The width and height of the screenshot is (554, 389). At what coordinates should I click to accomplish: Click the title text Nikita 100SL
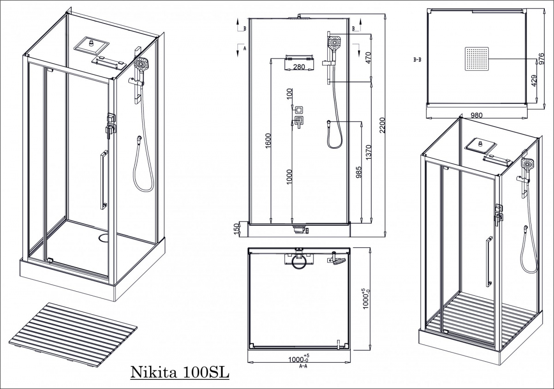click(180, 372)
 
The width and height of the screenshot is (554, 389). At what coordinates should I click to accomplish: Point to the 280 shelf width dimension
click(299, 67)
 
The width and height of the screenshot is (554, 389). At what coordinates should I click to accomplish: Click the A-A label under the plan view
click(303, 366)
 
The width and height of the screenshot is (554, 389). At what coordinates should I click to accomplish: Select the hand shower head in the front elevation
click(335, 42)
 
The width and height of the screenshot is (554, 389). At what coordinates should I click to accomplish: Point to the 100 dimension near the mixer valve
click(289, 95)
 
